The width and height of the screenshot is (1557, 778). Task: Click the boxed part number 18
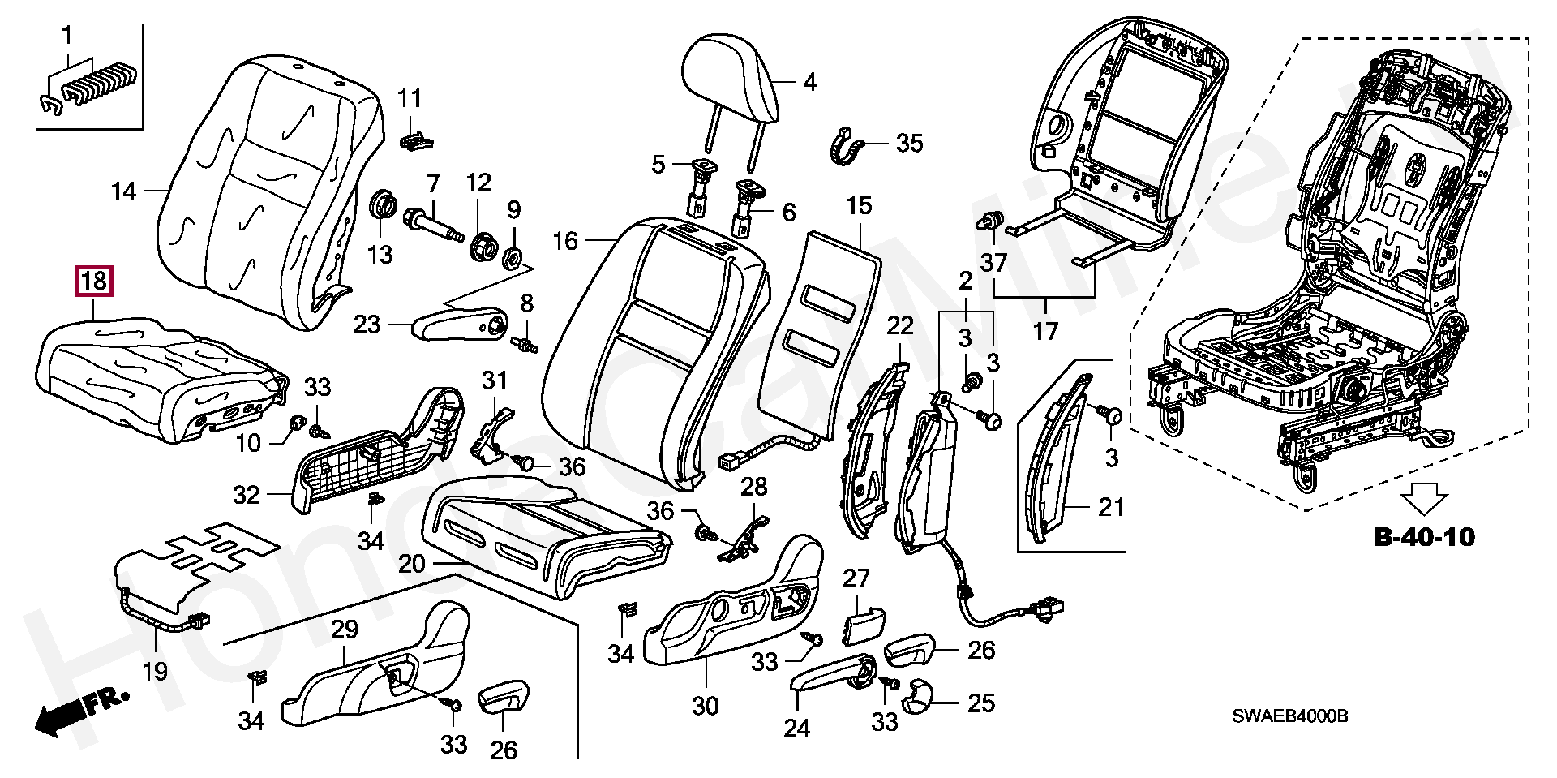coord(94,282)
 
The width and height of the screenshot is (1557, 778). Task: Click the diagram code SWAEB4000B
coord(1290,716)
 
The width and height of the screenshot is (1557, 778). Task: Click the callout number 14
coord(123,192)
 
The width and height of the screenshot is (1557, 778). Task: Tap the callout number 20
coord(412,563)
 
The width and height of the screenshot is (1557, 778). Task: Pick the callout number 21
coord(1111,508)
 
